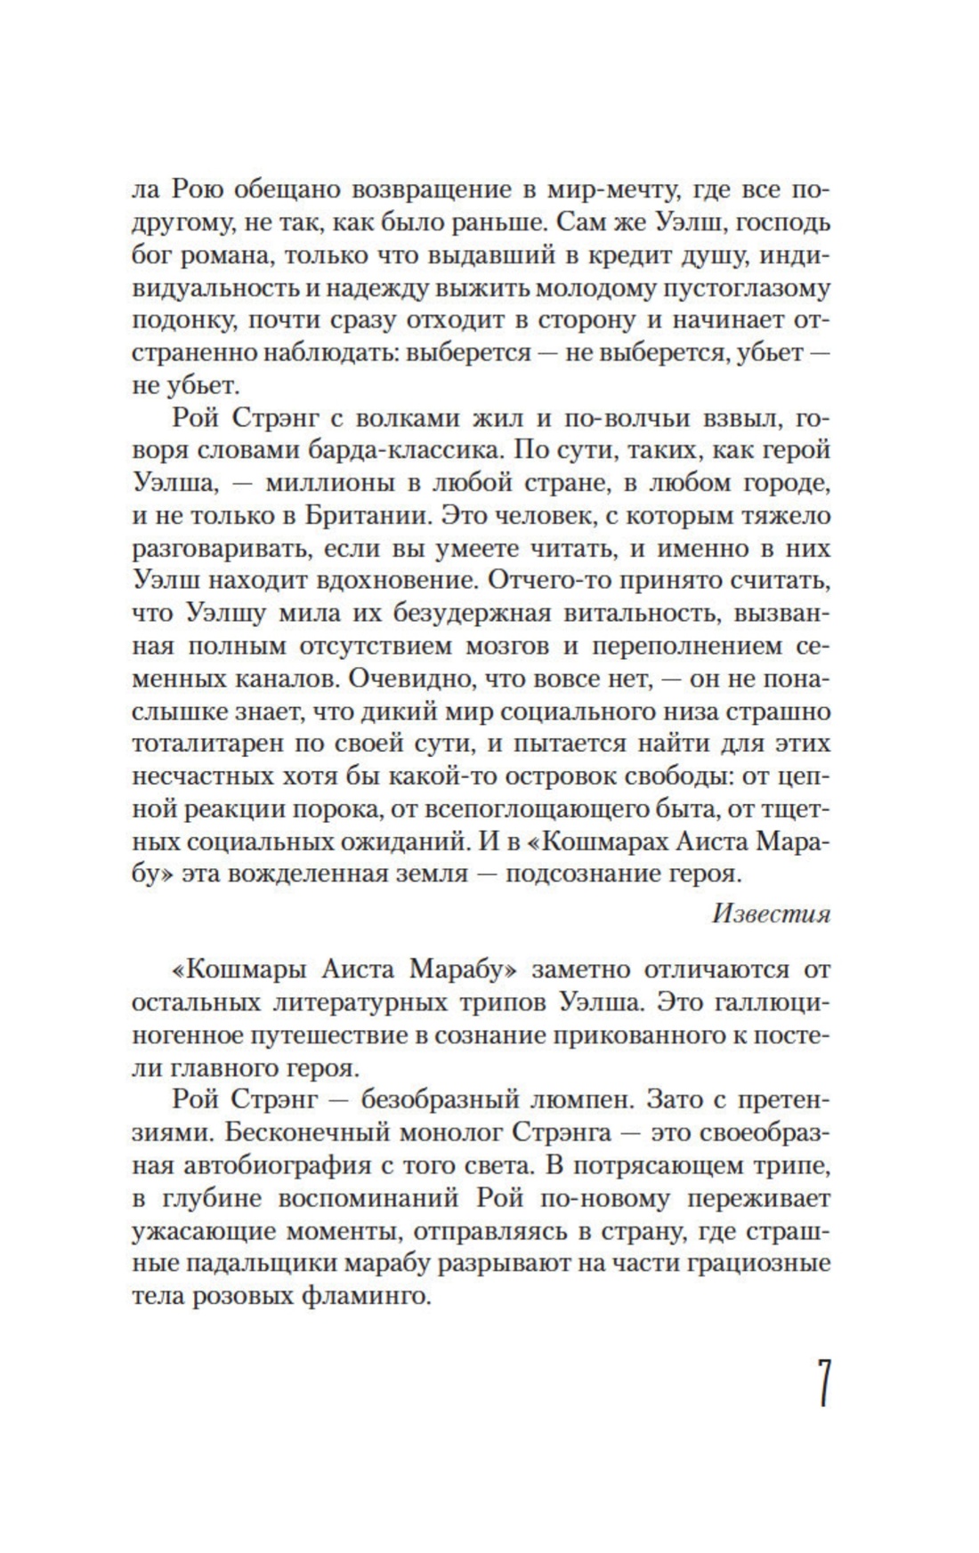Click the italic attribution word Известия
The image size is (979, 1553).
772,914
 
